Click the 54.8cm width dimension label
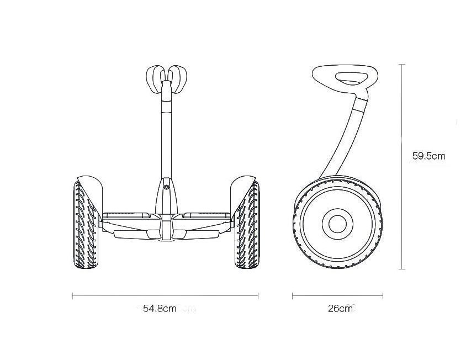[x=160, y=309]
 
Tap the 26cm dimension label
[x=340, y=309]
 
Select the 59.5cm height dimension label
[x=429, y=156]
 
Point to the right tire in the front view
[x=247, y=225]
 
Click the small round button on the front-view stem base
[x=166, y=187]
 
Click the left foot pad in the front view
[x=126, y=215]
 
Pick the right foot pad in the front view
[x=207, y=215]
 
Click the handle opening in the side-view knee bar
[x=351, y=78]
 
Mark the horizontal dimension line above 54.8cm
[x=165, y=296]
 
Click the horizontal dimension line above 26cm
[x=337, y=296]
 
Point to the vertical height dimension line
[x=402, y=167]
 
